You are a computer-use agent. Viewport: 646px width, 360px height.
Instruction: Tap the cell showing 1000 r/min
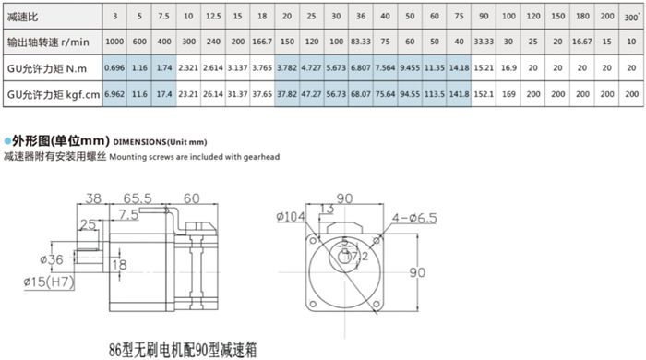(x=114, y=42)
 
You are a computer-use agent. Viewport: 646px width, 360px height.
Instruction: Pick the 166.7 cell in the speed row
(x=262, y=42)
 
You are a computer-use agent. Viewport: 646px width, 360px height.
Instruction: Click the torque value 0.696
(x=114, y=67)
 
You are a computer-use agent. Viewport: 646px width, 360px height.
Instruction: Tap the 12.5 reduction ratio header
(x=212, y=17)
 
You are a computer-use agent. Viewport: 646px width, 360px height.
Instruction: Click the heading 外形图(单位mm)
(x=56, y=140)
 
